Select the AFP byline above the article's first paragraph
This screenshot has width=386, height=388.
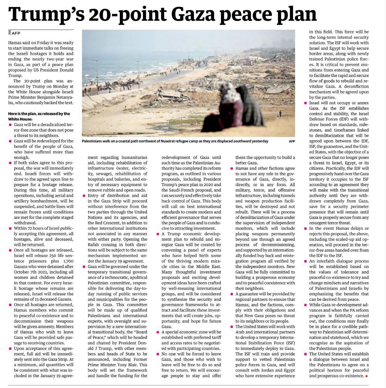pyautogui.click(x=16, y=33)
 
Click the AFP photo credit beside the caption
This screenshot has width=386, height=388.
pyautogui.click(x=292, y=141)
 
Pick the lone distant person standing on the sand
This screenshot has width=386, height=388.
pyautogui.click(x=280, y=114)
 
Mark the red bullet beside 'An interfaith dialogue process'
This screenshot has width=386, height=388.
pyautogui.click(x=305, y=261)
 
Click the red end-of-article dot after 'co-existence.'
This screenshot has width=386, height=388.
pyautogui.click(x=366, y=376)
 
